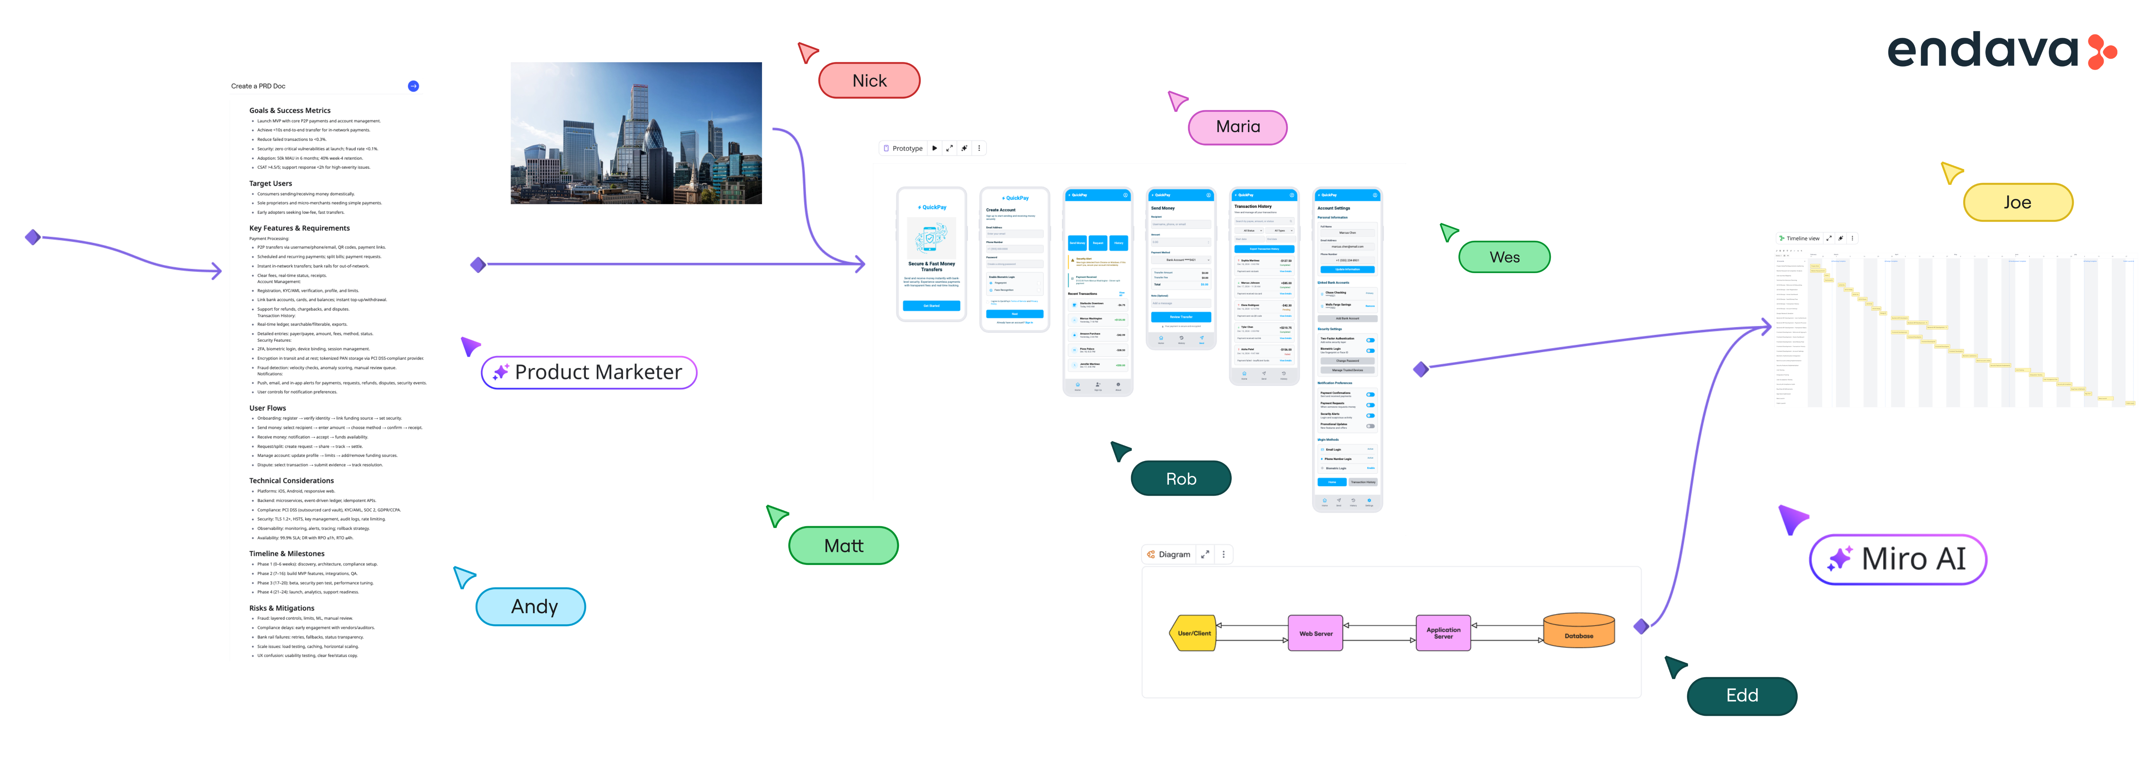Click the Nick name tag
[x=869, y=80]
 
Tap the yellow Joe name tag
[x=2017, y=202]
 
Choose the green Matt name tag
[x=843, y=545]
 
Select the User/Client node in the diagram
[x=1193, y=633]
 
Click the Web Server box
[x=1315, y=633]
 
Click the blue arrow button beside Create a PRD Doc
[x=413, y=86]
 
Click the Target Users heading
[x=270, y=183]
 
